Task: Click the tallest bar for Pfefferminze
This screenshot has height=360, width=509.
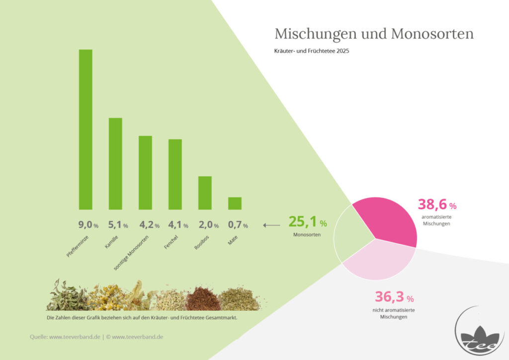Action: coord(85,129)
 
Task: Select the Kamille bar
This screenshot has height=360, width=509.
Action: coord(115,164)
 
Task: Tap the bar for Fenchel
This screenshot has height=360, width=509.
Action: coord(175,175)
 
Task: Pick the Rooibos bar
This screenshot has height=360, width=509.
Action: coord(205,193)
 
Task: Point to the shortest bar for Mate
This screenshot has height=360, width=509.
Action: coord(235,203)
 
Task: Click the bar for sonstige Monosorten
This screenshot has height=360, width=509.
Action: coord(145,173)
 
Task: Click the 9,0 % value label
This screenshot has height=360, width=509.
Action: coord(88,225)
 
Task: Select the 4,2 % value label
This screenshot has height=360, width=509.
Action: coord(149,225)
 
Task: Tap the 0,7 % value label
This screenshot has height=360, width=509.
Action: coord(238,225)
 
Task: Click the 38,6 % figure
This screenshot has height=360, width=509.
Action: coord(437,204)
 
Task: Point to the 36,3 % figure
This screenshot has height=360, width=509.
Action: coord(394,297)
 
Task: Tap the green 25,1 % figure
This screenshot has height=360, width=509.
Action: coord(307,222)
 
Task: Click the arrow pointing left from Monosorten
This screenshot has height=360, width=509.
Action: coord(271,225)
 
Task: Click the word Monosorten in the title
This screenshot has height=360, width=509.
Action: coord(432,34)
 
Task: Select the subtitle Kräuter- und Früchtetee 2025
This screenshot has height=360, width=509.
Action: coord(312,51)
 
